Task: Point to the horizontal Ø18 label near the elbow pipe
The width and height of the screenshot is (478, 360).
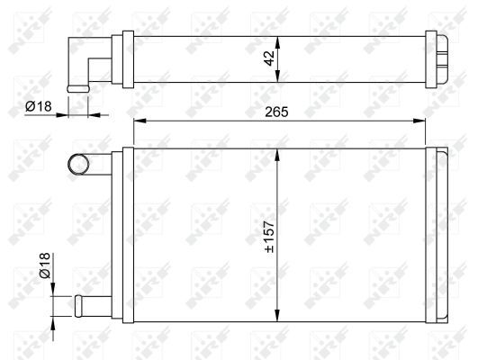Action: point(39,106)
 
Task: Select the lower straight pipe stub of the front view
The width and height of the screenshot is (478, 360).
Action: point(88,303)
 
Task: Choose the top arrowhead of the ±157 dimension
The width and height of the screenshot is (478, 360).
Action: point(279,152)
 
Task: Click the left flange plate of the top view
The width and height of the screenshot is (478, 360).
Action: point(128,60)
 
